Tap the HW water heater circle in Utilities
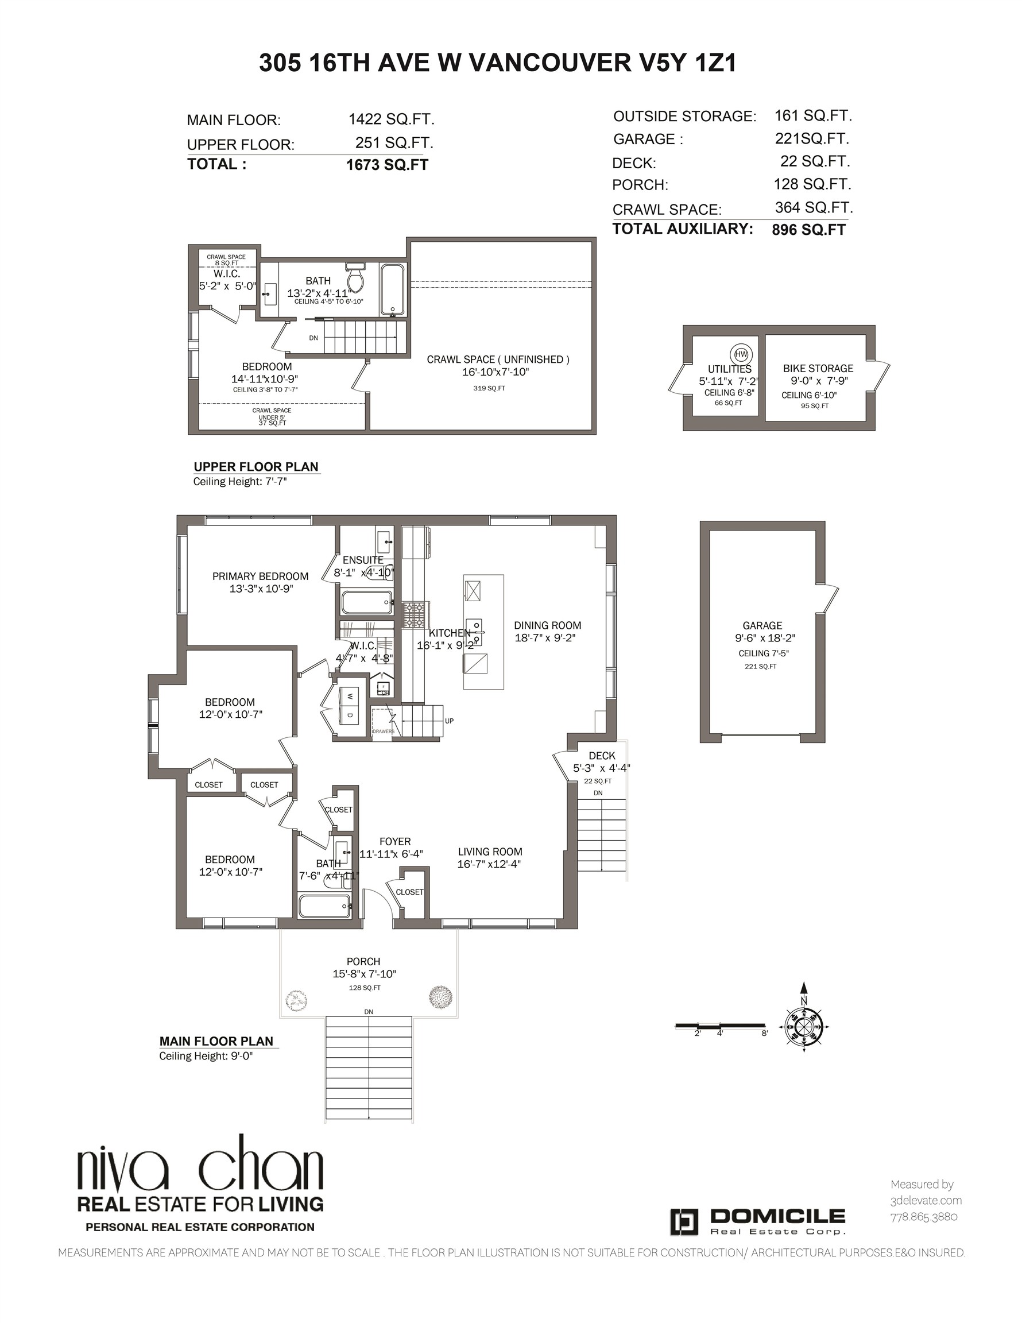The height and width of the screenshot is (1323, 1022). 741,355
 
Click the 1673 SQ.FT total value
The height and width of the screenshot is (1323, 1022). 387,165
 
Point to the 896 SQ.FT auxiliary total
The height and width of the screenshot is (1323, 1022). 809,230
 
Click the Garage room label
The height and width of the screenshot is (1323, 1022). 762,626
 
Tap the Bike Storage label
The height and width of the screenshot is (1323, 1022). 818,368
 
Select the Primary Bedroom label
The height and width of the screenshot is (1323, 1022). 261,576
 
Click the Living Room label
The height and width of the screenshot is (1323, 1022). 490,852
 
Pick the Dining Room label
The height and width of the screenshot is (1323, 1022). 548,625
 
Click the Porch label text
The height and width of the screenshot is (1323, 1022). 363,961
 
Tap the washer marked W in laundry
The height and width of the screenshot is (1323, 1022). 350,697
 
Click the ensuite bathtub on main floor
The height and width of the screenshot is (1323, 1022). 367,603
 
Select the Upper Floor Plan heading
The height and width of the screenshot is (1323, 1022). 255,466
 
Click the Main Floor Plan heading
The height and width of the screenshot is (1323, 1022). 216,1041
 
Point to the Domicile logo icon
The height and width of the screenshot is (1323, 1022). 684,1222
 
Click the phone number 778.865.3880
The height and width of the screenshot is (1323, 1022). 924,1216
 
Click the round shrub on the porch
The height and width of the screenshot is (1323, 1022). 441,996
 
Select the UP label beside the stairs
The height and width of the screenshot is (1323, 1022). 450,721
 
